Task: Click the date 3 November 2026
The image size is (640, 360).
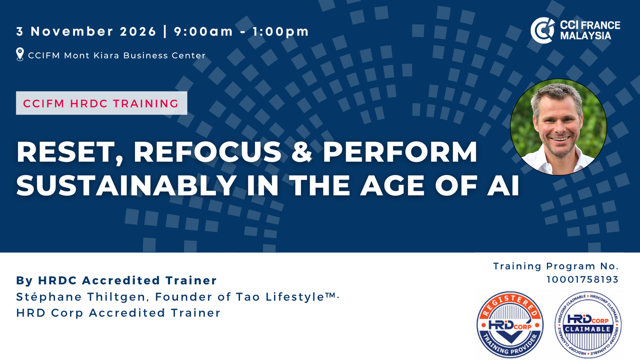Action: pyautogui.click(x=86, y=31)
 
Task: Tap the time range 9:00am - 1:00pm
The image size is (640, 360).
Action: pyautogui.click(x=241, y=31)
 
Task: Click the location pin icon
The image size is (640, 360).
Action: pyautogui.click(x=20, y=54)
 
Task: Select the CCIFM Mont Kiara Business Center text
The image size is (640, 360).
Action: pyautogui.click(x=117, y=55)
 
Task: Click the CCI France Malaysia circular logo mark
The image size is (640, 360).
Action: pyautogui.click(x=542, y=30)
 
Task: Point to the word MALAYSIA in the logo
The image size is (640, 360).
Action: pyautogui.click(x=585, y=36)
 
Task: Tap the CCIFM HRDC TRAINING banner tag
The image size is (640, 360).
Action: pyautogui.click(x=101, y=103)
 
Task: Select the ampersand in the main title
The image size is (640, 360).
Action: pyautogui.click(x=301, y=152)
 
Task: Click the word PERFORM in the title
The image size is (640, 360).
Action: pyautogui.click(x=400, y=152)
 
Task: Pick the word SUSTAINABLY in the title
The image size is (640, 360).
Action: pyautogui.click(x=126, y=185)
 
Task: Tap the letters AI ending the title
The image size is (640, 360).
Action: pyautogui.click(x=503, y=185)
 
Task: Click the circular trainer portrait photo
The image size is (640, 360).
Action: pyautogui.click(x=559, y=127)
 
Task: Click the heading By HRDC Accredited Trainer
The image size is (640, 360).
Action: pyautogui.click(x=117, y=280)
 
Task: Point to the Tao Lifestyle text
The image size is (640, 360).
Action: pyautogui.click(x=286, y=297)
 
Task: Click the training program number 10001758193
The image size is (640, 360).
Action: pyautogui.click(x=582, y=280)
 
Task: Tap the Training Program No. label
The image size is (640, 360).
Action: pyautogui.click(x=556, y=266)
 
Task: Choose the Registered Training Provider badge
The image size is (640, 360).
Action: pyautogui.click(x=510, y=325)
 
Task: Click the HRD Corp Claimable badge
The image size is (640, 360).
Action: pyautogui.click(x=588, y=325)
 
